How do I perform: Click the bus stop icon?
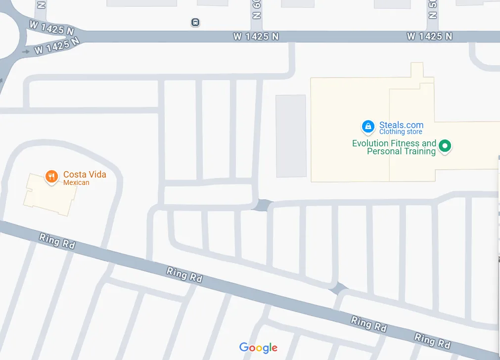[196, 22]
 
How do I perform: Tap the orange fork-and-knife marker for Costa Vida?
[51, 176]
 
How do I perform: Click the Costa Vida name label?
[85, 175]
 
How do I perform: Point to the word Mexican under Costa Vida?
[76, 183]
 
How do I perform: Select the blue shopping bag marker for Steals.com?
[368, 127]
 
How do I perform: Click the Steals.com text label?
[401, 125]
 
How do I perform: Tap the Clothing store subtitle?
[401, 132]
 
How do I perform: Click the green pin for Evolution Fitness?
[445, 146]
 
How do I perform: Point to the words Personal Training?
[401, 151]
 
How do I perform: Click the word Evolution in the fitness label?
[370, 143]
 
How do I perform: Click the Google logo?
[258, 348]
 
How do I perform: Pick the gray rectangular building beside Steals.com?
[291, 136]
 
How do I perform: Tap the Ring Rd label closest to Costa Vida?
[57, 241]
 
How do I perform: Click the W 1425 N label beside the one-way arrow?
[57, 46]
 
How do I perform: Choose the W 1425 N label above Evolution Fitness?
[429, 36]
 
